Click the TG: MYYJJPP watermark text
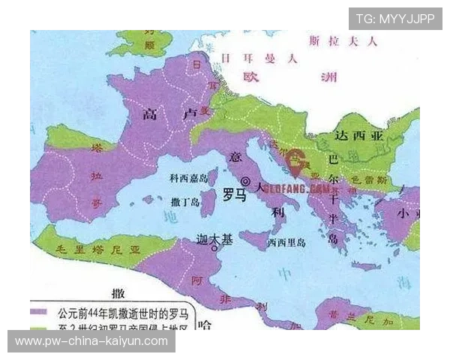coord(394,19)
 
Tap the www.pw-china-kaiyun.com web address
coord(91,341)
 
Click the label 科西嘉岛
coord(187,178)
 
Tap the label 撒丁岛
coord(185,202)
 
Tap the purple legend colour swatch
coord(39,310)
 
